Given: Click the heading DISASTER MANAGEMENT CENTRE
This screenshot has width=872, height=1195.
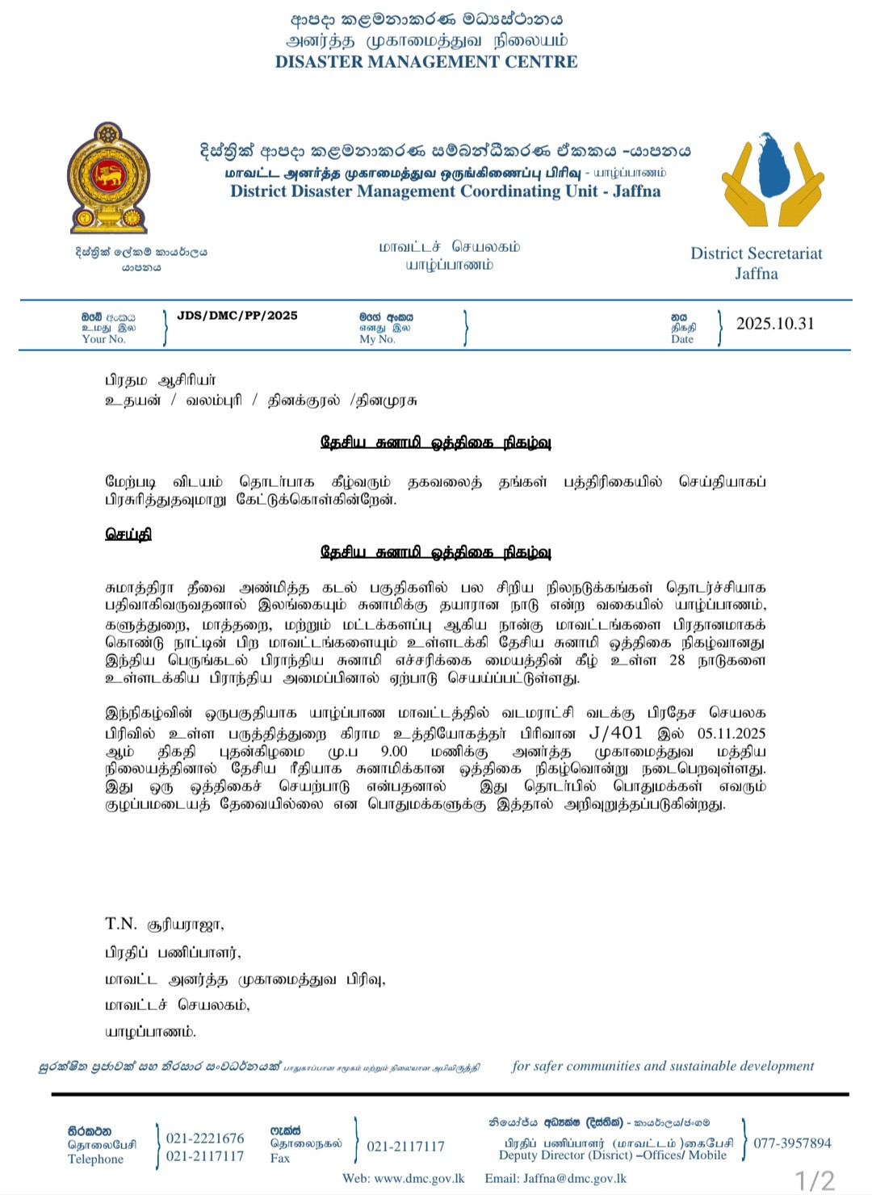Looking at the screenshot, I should click(426, 62).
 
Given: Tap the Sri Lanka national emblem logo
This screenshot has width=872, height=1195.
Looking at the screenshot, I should click(108, 178).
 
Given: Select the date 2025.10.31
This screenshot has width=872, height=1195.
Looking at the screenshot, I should click(775, 324).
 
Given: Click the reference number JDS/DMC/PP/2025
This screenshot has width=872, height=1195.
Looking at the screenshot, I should click(237, 316).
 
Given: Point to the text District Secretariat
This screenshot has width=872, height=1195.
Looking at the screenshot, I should click(756, 254).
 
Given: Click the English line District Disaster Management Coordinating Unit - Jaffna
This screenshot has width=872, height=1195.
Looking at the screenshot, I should click(445, 191).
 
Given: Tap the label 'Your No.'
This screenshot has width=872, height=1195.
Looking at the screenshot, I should click(104, 340).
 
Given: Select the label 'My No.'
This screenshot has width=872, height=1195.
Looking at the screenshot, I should click(377, 340).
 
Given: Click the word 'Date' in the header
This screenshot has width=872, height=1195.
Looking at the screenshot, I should click(682, 340).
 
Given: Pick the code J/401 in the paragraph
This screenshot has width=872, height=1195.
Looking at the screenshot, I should click(616, 733).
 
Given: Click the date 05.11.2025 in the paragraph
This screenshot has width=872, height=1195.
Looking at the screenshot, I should click(732, 733).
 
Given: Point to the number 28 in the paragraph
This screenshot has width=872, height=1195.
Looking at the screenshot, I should click(677, 660).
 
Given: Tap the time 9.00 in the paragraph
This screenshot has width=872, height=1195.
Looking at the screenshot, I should click(394, 751).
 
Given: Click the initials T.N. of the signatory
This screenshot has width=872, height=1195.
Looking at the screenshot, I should click(121, 924).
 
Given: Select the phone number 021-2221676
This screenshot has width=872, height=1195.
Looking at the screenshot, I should click(205, 1138).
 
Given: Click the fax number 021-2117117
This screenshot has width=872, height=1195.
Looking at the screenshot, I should click(405, 1147).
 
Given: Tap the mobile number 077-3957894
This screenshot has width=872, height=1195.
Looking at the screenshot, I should click(792, 1143).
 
